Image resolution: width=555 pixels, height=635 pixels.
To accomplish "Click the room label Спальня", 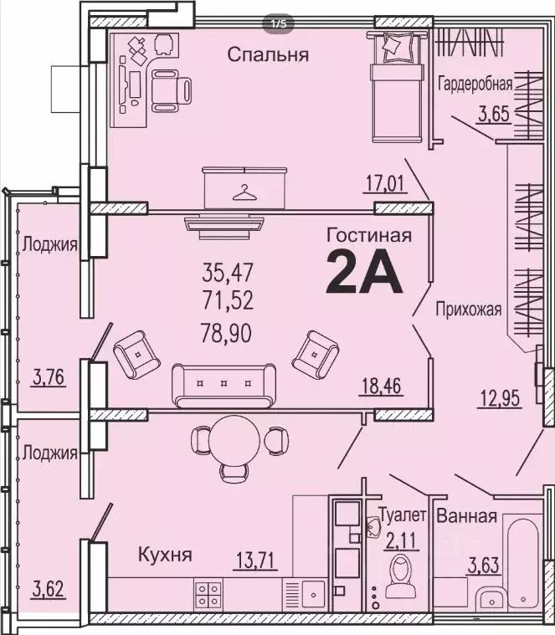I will [269, 56].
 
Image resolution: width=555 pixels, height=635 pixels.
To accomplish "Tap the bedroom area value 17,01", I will [388, 182].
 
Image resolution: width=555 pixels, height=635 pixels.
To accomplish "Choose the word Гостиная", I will [368, 236].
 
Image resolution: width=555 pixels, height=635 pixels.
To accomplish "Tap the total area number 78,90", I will [228, 334].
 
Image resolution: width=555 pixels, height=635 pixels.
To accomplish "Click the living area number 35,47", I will [228, 271].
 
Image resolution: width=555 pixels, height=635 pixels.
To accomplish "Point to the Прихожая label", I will [468, 310].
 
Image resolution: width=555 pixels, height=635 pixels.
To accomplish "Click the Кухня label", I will [166, 554].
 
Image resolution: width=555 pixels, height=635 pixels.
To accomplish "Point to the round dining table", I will [230, 438].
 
